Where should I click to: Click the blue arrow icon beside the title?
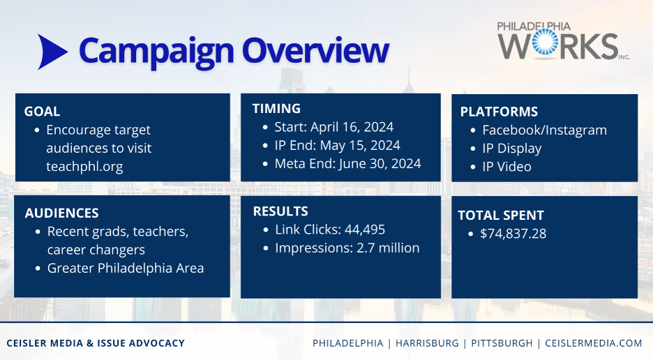(52, 52)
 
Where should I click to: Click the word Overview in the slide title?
(315, 50)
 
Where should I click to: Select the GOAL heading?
(42, 111)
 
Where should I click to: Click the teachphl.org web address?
(84, 166)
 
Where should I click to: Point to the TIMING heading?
(276, 108)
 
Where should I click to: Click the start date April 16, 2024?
(352, 127)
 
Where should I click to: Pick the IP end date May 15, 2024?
(360, 145)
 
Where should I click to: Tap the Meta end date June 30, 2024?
(380, 163)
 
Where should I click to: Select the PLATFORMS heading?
(499, 112)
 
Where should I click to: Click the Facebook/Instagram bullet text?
(544, 130)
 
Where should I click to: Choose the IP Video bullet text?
(506, 167)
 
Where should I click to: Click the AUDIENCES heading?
(61, 213)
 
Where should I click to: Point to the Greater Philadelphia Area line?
(126, 268)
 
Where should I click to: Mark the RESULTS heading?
(280, 211)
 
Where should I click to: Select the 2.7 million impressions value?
(388, 248)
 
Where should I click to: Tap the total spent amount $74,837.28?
(513, 233)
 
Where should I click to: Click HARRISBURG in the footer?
(427, 343)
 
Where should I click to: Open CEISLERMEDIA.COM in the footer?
(594, 343)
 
